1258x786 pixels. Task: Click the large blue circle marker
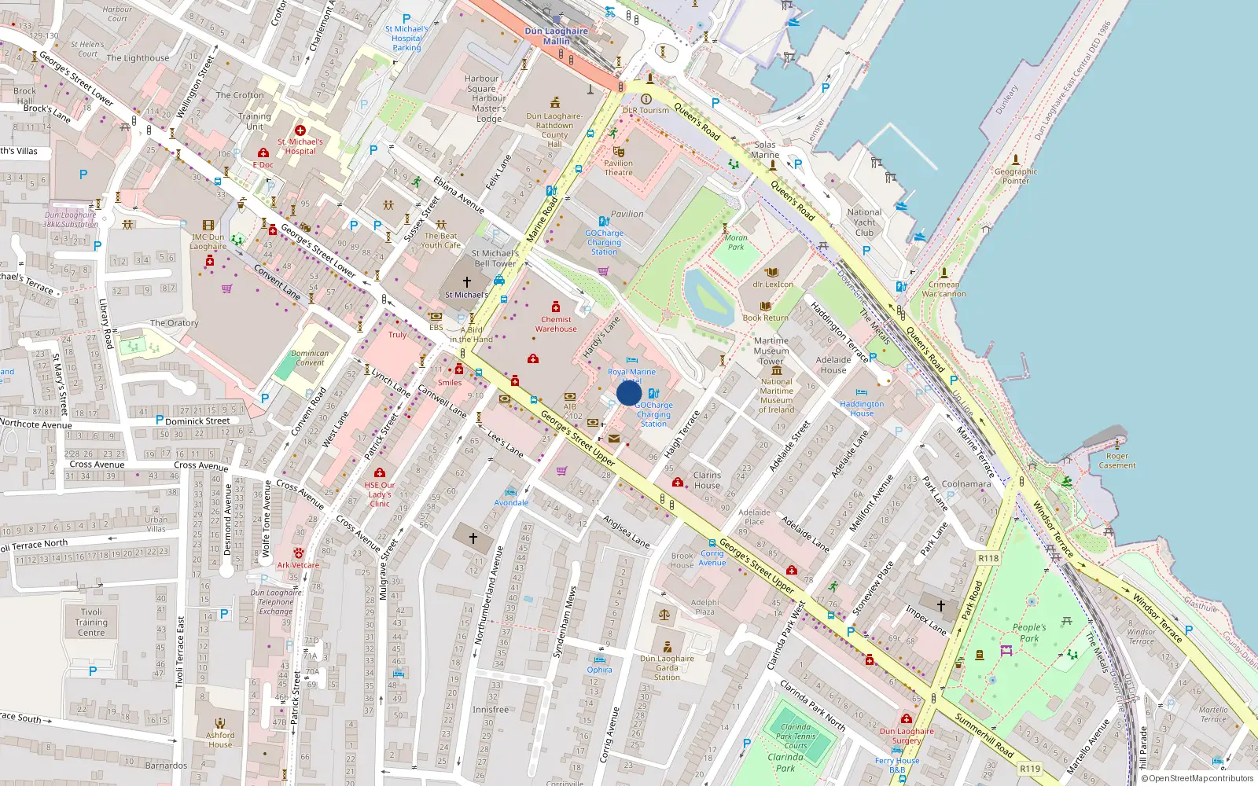point(629,393)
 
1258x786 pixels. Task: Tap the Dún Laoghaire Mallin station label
point(556,36)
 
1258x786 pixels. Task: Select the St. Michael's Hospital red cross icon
point(300,130)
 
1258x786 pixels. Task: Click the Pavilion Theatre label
point(618,167)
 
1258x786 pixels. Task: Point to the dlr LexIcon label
point(773,285)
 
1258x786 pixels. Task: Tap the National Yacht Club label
point(864,222)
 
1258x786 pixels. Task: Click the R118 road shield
point(988,558)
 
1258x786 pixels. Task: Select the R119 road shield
point(1029,769)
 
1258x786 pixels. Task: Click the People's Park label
point(1029,633)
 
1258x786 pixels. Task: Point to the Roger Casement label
point(1116,461)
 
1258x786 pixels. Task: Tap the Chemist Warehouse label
point(556,324)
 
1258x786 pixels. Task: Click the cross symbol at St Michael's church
point(466,281)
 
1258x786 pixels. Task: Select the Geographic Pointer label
point(1015,176)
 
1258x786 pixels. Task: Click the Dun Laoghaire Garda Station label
point(667,668)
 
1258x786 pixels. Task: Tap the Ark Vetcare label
point(298,564)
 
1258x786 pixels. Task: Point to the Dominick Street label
point(197,421)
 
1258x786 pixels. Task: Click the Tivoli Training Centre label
point(91,622)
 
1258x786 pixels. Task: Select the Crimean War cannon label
point(943,289)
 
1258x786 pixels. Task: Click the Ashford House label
point(220,740)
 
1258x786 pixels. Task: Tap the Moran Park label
point(736,242)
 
